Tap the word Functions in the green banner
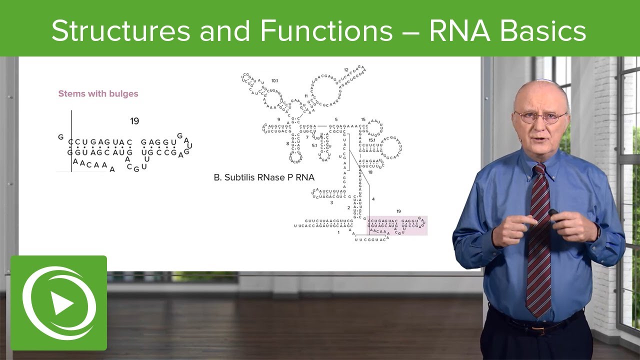coord(326,31)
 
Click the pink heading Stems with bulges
coord(98,93)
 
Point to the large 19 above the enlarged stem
coord(134,121)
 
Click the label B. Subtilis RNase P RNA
coord(264,177)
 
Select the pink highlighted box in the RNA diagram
coord(397,225)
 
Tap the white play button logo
coord(59,303)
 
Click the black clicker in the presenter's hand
coord(553,212)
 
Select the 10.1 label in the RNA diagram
coord(274,80)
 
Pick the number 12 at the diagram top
coord(346,70)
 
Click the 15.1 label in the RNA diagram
coord(371,140)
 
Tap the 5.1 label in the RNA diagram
coord(314,145)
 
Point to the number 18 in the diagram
coord(370,172)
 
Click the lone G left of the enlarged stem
coord(61,136)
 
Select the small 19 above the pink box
coord(398,211)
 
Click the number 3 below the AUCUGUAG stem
coord(331,202)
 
